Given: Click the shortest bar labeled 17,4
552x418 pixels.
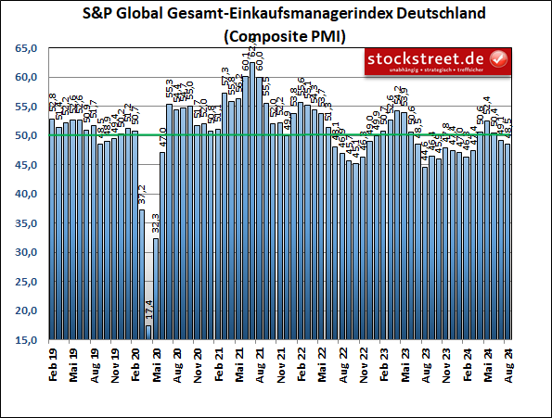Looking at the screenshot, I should (x=148, y=333).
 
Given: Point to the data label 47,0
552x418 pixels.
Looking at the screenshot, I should (x=163, y=141).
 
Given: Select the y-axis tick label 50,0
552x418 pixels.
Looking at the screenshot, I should (x=25, y=135).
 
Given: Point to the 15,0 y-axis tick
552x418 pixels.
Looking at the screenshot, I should (x=25, y=340).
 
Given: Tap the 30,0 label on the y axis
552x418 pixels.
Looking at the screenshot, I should (x=25, y=252).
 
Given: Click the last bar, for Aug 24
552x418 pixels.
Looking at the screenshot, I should (x=507, y=242).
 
